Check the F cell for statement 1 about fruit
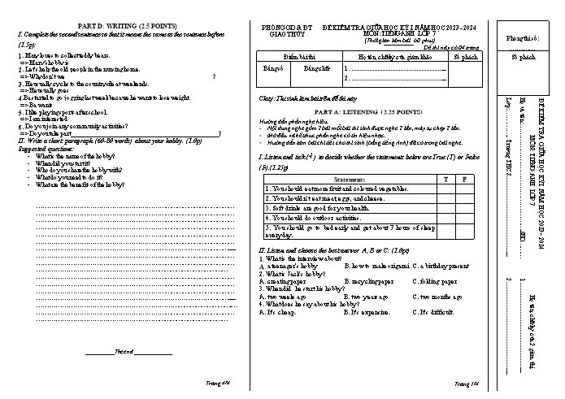tap(464, 188)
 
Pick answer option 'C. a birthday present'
tap(441, 266)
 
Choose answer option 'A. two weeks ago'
tap(285, 297)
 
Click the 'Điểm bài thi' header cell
tap(299, 59)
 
